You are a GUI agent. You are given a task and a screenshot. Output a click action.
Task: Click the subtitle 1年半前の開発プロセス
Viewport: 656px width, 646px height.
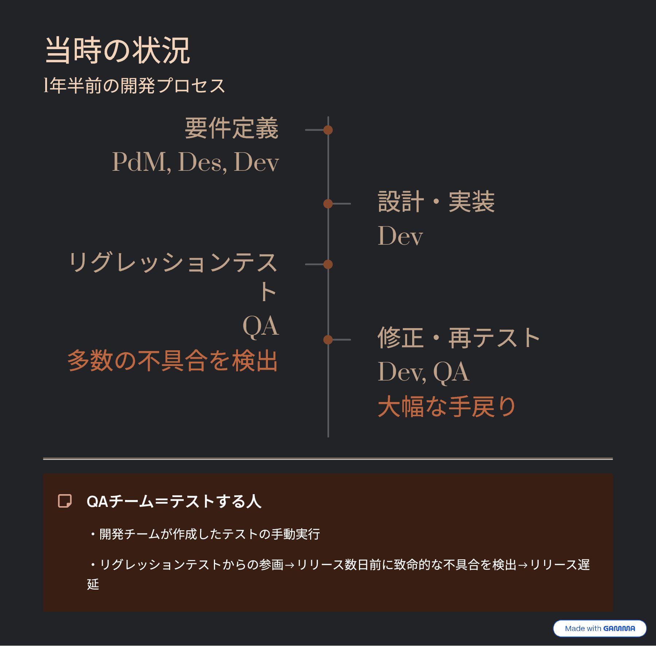134,86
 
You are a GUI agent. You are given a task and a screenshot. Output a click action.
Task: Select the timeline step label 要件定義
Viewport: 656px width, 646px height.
231,128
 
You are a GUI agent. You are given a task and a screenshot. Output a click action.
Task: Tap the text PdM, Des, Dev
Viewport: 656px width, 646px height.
195,162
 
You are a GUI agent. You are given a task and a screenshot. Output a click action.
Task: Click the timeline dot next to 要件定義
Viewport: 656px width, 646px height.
328,130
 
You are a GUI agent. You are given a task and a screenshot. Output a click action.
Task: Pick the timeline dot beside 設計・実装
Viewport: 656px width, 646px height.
328,204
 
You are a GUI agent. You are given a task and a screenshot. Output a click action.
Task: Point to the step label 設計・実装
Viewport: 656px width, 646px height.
436,202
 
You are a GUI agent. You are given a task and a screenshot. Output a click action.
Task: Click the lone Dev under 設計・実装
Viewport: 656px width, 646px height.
400,236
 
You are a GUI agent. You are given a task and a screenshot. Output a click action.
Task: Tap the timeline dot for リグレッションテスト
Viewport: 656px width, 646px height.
328,264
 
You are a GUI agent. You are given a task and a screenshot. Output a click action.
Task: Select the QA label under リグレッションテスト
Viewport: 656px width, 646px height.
261,326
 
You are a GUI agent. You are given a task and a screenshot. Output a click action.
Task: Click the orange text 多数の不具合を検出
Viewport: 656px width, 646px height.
173,361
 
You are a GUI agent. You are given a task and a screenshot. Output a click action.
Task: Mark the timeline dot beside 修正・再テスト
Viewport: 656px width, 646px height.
328,340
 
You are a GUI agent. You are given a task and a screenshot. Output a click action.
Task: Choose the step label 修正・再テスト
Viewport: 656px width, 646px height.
458,338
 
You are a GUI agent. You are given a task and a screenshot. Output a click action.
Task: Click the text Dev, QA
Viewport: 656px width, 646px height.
423,372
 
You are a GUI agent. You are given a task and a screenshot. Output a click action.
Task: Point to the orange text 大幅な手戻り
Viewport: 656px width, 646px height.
447,406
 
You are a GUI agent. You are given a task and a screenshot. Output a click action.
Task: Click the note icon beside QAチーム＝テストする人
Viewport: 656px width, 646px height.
65,501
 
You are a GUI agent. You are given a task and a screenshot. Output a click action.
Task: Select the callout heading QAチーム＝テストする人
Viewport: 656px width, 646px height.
174,501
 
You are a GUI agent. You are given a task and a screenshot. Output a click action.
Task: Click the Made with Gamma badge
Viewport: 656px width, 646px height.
600,628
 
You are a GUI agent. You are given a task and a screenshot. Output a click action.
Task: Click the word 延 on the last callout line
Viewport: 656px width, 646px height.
93,584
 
